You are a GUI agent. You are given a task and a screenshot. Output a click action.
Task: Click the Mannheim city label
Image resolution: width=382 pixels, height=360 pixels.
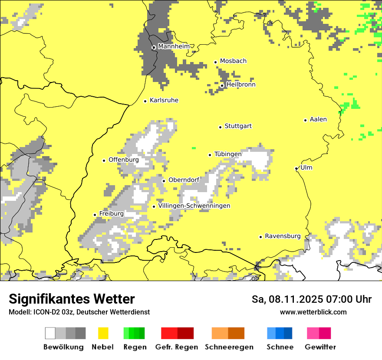(x=174, y=46)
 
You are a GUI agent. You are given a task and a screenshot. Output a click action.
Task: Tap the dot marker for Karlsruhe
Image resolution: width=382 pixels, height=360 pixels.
(x=145, y=101)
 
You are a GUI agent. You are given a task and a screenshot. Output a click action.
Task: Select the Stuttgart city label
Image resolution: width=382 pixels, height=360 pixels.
(x=238, y=126)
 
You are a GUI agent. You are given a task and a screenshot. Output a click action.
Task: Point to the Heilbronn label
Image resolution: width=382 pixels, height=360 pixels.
(x=241, y=85)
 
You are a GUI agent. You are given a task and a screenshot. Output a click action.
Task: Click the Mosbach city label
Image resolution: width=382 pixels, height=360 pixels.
(x=233, y=61)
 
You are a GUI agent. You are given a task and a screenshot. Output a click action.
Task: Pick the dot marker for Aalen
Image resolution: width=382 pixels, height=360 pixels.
(x=306, y=120)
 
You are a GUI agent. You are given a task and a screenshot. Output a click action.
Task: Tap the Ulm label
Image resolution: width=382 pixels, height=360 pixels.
(x=306, y=167)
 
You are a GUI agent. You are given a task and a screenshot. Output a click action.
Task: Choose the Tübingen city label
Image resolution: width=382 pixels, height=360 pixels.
(x=228, y=154)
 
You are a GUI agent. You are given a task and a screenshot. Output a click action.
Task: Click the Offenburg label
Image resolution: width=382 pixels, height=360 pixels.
(x=124, y=160)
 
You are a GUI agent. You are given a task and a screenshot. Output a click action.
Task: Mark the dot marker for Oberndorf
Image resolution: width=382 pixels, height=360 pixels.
(x=164, y=181)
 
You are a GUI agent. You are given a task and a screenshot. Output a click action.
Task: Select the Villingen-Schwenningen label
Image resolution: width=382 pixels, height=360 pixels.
(x=194, y=206)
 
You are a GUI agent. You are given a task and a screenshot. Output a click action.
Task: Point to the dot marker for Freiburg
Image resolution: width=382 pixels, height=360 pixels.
(x=95, y=215)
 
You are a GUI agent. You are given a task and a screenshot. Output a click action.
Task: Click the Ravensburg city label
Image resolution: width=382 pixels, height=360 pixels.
(x=283, y=236)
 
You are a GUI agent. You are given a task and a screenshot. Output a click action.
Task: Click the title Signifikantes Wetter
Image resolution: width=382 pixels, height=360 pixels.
(x=72, y=299)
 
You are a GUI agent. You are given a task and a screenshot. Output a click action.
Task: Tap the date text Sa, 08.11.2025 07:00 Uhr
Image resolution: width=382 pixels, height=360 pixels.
(x=311, y=299)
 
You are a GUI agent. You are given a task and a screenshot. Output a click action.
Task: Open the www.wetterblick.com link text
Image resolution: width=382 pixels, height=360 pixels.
(x=313, y=312)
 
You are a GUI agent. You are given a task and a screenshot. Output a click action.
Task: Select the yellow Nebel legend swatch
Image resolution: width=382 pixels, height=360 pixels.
(x=103, y=333)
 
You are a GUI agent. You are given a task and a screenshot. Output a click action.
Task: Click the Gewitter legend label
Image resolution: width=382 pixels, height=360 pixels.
(x=320, y=347)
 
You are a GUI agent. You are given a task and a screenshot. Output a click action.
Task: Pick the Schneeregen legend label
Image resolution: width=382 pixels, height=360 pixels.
(x=229, y=347)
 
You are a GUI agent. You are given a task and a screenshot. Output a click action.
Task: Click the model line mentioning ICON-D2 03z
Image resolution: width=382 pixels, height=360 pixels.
(x=79, y=312)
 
